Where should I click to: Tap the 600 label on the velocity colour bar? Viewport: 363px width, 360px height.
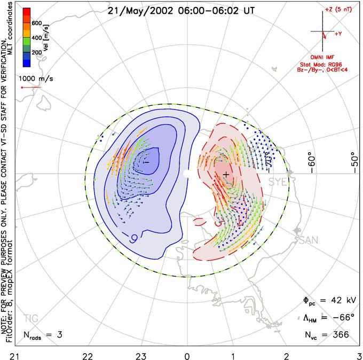pos(37,23)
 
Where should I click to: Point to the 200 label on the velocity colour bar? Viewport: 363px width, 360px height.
pos(37,53)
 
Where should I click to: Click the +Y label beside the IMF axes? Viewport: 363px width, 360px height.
pos(338,34)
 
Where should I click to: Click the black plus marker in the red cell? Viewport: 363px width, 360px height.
pos(226,175)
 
